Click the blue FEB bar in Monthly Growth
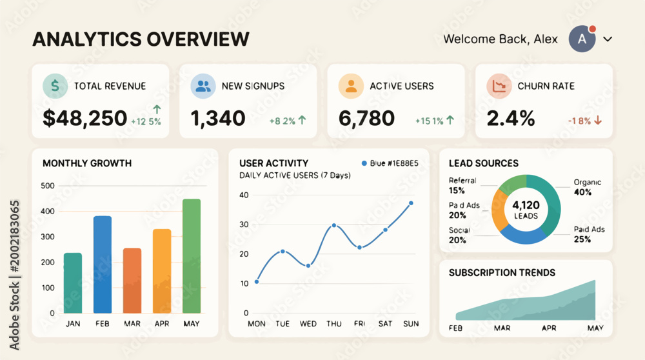[103, 265]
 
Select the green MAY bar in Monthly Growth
[192, 256]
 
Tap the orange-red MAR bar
[132, 281]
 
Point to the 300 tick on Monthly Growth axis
[48, 237]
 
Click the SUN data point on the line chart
[411, 203]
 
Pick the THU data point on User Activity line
[334, 225]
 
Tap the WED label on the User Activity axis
[308, 324]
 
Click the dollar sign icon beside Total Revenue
[55, 86]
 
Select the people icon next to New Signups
[203, 86]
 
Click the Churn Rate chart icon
[499, 86]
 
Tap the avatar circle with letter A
[582, 39]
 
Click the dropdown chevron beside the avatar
[608, 39]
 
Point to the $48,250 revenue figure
[85, 118]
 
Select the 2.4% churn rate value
[511, 119]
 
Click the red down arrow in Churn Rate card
[598, 120]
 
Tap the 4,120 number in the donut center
[526, 205]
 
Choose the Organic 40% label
[588, 187]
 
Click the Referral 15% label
[462, 186]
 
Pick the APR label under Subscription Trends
[549, 328]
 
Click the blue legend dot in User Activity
[364, 163]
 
